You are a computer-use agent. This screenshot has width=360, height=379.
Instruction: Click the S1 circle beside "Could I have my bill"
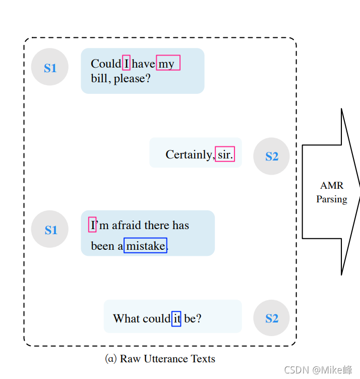[50, 67]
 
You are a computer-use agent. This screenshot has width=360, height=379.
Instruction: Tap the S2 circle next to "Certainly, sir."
[271, 156]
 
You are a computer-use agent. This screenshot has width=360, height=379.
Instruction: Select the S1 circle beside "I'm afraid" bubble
[50, 229]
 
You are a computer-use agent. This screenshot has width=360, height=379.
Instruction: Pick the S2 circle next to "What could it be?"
[271, 318]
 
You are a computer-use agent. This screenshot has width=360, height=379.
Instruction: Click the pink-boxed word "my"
[167, 63]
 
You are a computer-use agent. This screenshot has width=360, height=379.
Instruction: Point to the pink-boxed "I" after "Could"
[127, 63]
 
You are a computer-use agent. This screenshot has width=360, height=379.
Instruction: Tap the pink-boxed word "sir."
[225, 154]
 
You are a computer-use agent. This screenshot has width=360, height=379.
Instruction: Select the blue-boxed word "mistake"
[145, 246]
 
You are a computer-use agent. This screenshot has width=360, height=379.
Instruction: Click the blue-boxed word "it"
[176, 318]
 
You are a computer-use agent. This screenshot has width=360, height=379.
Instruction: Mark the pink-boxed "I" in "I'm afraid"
[92, 225]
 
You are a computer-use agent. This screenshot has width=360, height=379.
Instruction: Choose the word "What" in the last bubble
[126, 318]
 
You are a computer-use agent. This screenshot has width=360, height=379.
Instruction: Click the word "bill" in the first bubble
[100, 79]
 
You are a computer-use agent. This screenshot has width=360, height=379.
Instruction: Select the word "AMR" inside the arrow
[331, 186]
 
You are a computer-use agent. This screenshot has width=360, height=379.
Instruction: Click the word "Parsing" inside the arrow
[331, 199]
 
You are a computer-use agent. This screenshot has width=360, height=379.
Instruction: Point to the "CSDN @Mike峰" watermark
[318, 370]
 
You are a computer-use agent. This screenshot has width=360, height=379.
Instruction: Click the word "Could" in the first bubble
[106, 64]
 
